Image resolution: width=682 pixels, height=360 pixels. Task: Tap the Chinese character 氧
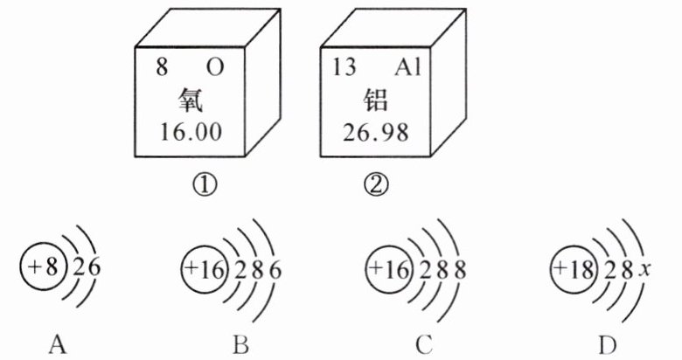188,100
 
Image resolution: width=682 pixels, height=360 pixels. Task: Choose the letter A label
58,346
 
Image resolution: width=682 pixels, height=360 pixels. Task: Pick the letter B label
241,346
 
